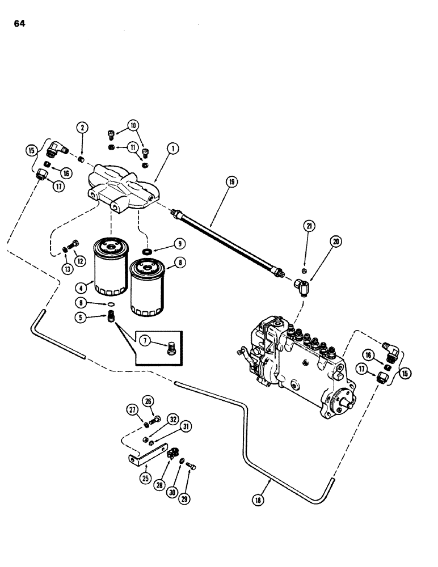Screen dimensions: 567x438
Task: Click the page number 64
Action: pyautogui.click(x=16, y=24)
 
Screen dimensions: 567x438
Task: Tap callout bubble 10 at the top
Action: pyautogui.click(x=133, y=125)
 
